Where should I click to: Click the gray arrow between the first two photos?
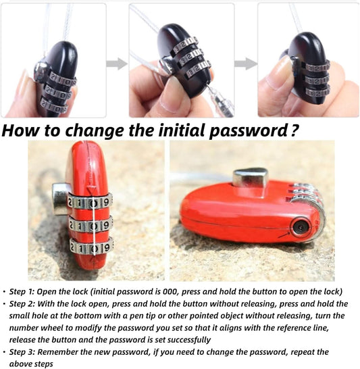click(x=117, y=64)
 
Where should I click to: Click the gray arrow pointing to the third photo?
click(x=246, y=64)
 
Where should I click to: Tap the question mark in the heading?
click(x=294, y=131)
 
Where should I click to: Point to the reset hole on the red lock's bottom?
click(x=301, y=227)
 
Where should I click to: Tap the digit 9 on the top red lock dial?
click(x=107, y=202)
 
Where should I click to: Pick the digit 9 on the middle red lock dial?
click(x=106, y=225)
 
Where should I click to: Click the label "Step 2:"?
click(x=22, y=304)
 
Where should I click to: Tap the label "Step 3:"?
click(x=22, y=352)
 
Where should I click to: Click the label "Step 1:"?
click(x=22, y=291)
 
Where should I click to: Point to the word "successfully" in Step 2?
click(x=189, y=340)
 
